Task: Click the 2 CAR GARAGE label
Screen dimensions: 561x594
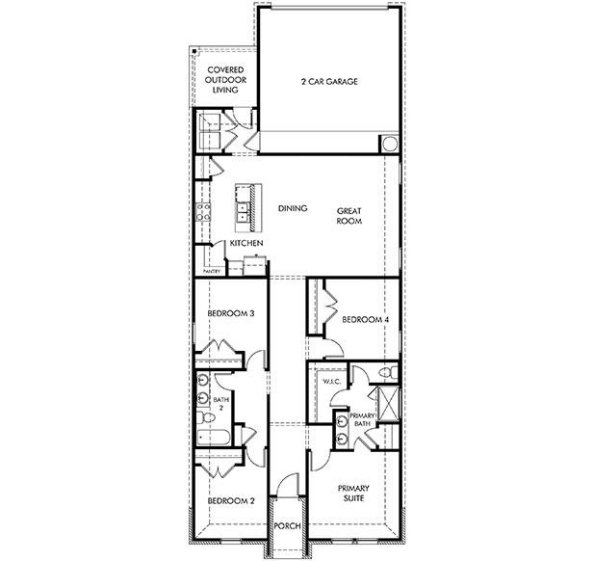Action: pos(329,82)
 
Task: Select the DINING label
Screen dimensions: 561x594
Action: pos(293,208)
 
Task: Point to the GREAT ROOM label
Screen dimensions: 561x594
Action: pos(349,215)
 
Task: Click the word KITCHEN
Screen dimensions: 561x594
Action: pos(246,245)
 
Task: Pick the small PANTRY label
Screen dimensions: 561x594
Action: pos(212,272)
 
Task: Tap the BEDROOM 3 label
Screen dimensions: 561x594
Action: pos(231,312)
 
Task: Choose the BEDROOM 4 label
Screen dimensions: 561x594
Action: pos(365,319)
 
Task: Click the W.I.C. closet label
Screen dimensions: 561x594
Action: pos(332,383)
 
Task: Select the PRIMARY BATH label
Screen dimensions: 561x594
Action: pos(362,418)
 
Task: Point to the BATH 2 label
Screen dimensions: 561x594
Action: pos(220,404)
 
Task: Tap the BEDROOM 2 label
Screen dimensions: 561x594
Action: pos(231,501)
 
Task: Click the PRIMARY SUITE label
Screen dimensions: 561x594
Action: pos(354,494)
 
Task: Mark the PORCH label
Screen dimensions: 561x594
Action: pos(287,527)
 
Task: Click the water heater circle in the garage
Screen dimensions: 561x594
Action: pos(389,144)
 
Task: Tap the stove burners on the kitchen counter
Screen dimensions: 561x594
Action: pos(204,213)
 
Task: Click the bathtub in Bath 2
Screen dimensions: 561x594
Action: pos(215,439)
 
